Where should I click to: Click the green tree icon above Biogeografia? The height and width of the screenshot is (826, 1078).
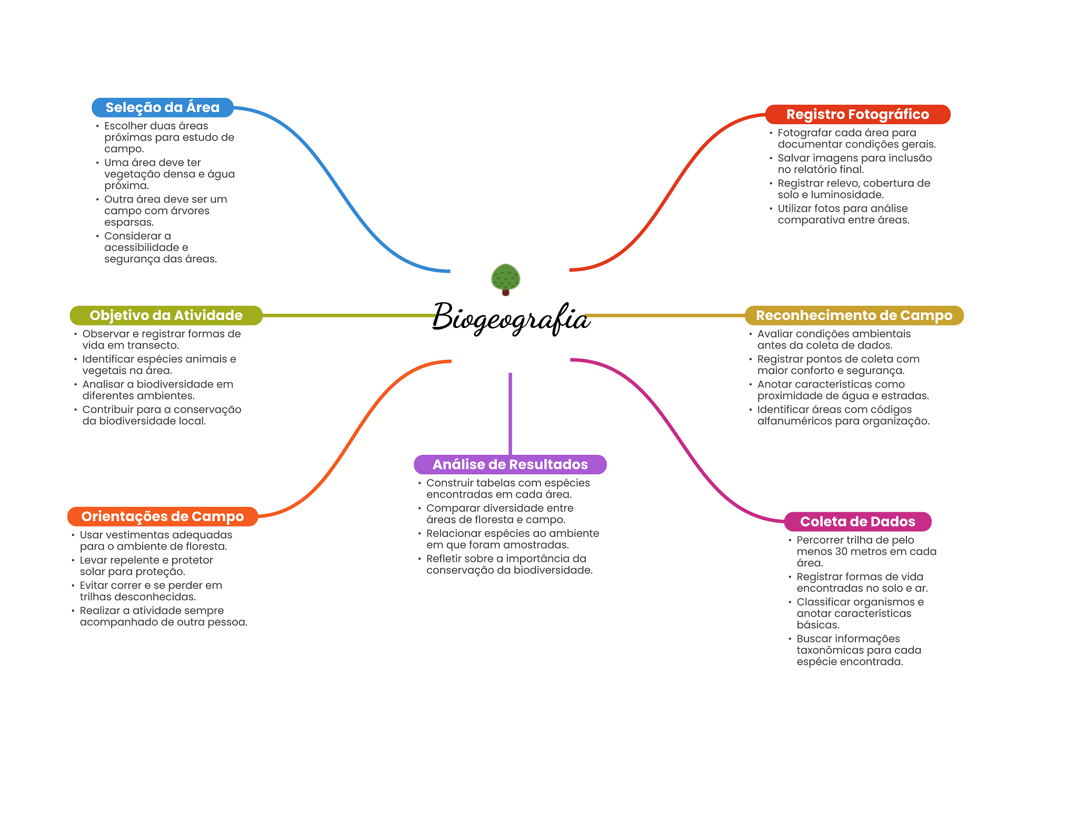[x=505, y=278]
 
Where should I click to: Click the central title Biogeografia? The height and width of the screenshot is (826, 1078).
[x=511, y=317]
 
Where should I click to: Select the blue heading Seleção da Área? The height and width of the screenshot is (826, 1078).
[x=163, y=107]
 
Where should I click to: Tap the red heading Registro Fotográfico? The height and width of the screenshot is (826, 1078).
[x=857, y=114]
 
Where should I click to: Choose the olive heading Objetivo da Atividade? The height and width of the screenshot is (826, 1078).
[x=166, y=315]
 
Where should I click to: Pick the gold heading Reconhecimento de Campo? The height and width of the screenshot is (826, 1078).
[x=854, y=315]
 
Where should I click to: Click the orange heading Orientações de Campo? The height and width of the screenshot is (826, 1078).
[x=163, y=516]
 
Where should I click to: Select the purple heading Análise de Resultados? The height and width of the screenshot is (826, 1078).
[x=510, y=464]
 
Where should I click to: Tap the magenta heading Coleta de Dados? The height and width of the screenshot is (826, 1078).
[x=857, y=522]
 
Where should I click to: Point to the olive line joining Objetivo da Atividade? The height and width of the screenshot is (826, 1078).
[x=347, y=315]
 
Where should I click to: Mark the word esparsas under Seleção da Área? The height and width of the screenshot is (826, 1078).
[x=128, y=222]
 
